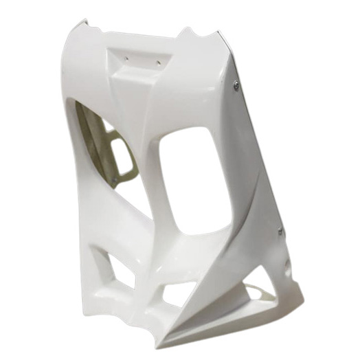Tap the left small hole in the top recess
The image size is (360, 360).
click(127, 60)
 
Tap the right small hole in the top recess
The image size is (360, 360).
click(158, 63)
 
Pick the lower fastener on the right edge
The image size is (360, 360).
click(280, 231)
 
